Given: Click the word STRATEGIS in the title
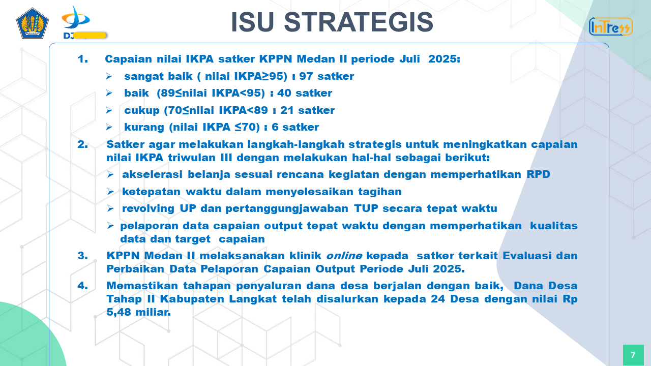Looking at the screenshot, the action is click(359, 22).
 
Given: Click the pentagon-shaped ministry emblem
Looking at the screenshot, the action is click(32, 23).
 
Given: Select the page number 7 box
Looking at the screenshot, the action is click(633, 355).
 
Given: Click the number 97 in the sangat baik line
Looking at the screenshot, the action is click(306, 76).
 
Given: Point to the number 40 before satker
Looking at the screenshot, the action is click(284, 93).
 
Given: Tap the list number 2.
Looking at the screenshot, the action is click(83, 144).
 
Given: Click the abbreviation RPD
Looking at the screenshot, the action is click(538, 174).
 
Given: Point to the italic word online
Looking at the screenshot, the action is click(344, 256).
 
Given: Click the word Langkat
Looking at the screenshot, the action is click(253, 299).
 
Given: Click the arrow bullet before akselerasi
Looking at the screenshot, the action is click(110, 174).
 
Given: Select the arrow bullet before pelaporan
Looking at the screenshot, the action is click(110, 226).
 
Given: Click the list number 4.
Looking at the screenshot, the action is click(83, 286).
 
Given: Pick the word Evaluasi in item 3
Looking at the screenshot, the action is click(527, 256).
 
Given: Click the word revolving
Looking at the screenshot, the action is click(148, 209).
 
